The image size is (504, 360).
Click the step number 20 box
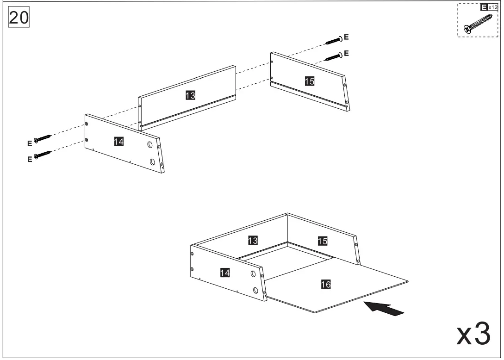click(x=19, y=18)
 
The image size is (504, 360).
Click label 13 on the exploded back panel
click(x=190, y=95)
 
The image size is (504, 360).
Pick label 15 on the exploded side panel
click(x=310, y=81)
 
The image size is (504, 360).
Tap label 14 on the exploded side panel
click(x=119, y=142)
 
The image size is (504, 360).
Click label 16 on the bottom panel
click(x=326, y=285)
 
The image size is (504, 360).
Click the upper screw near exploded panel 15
click(x=334, y=40)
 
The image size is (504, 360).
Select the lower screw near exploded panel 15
click(x=334, y=56)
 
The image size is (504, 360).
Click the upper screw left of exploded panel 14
click(x=42, y=138)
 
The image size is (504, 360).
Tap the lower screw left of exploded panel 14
click(x=42, y=155)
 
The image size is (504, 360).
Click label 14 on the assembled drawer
click(x=224, y=273)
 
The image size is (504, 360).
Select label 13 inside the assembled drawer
click(x=253, y=240)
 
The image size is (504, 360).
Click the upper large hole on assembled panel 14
click(x=253, y=274)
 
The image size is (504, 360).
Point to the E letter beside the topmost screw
click(x=347, y=37)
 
